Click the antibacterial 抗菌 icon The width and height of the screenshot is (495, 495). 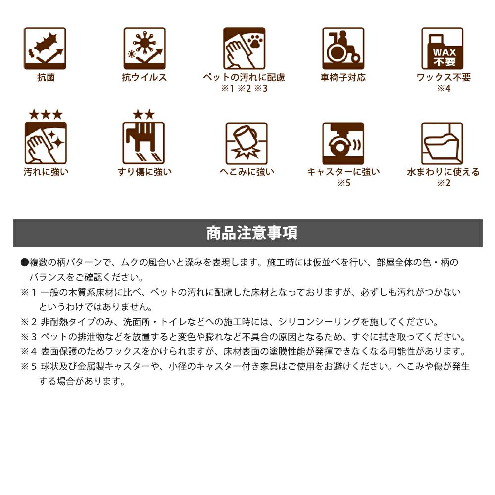(x=45, y=49)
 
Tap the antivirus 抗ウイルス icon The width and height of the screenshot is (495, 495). (x=145, y=49)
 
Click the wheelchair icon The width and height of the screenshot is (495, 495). (x=343, y=49)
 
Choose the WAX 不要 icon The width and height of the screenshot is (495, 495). (x=442, y=49)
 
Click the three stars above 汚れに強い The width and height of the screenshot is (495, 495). (x=46, y=115)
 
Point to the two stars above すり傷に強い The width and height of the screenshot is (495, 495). (x=144, y=115)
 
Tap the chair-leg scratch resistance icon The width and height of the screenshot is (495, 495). (x=144, y=144)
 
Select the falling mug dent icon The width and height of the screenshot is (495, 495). (x=247, y=144)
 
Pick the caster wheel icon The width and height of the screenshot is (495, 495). (x=343, y=144)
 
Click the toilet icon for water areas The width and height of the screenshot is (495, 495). (x=442, y=144)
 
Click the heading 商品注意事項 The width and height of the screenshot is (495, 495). (x=251, y=233)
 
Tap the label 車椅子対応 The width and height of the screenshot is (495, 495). (x=343, y=77)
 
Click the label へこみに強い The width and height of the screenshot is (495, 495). (x=247, y=172)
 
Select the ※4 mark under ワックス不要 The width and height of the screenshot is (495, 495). (x=444, y=89)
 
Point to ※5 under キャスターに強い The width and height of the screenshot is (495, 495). (x=344, y=183)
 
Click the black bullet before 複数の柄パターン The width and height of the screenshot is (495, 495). (x=25, y=262)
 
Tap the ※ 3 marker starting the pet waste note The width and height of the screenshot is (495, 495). (x=29, y=337)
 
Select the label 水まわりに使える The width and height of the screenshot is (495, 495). (x=443, y=172)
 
